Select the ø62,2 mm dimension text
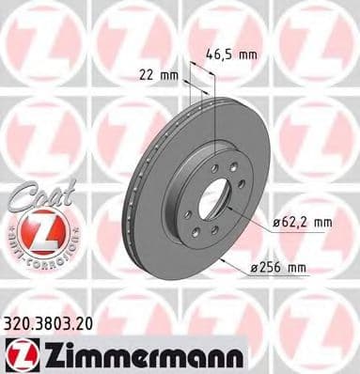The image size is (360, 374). (x=304, y=223)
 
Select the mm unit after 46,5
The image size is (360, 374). (x=248, y=55)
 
